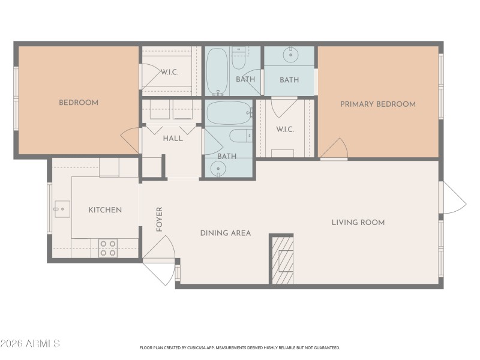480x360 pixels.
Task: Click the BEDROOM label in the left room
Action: click(78, 103)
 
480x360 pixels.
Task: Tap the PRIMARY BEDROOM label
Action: click(377, 104)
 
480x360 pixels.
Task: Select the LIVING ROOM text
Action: click(358, 223)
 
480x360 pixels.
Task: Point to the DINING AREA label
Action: click(225, 233)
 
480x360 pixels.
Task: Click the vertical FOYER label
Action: click(160, 219)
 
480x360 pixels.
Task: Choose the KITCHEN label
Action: click(105, 210)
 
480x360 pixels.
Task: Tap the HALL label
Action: click(172, 139)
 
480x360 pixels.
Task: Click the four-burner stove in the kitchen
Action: click(108, 248)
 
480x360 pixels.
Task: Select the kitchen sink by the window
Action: click(62, 209)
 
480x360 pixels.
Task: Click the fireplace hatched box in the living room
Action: click(281, 260)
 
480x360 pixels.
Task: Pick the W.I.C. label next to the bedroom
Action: click(169, 72)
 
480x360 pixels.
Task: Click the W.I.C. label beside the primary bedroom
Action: click(284, 130)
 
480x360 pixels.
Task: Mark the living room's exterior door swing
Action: click(454, 198)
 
